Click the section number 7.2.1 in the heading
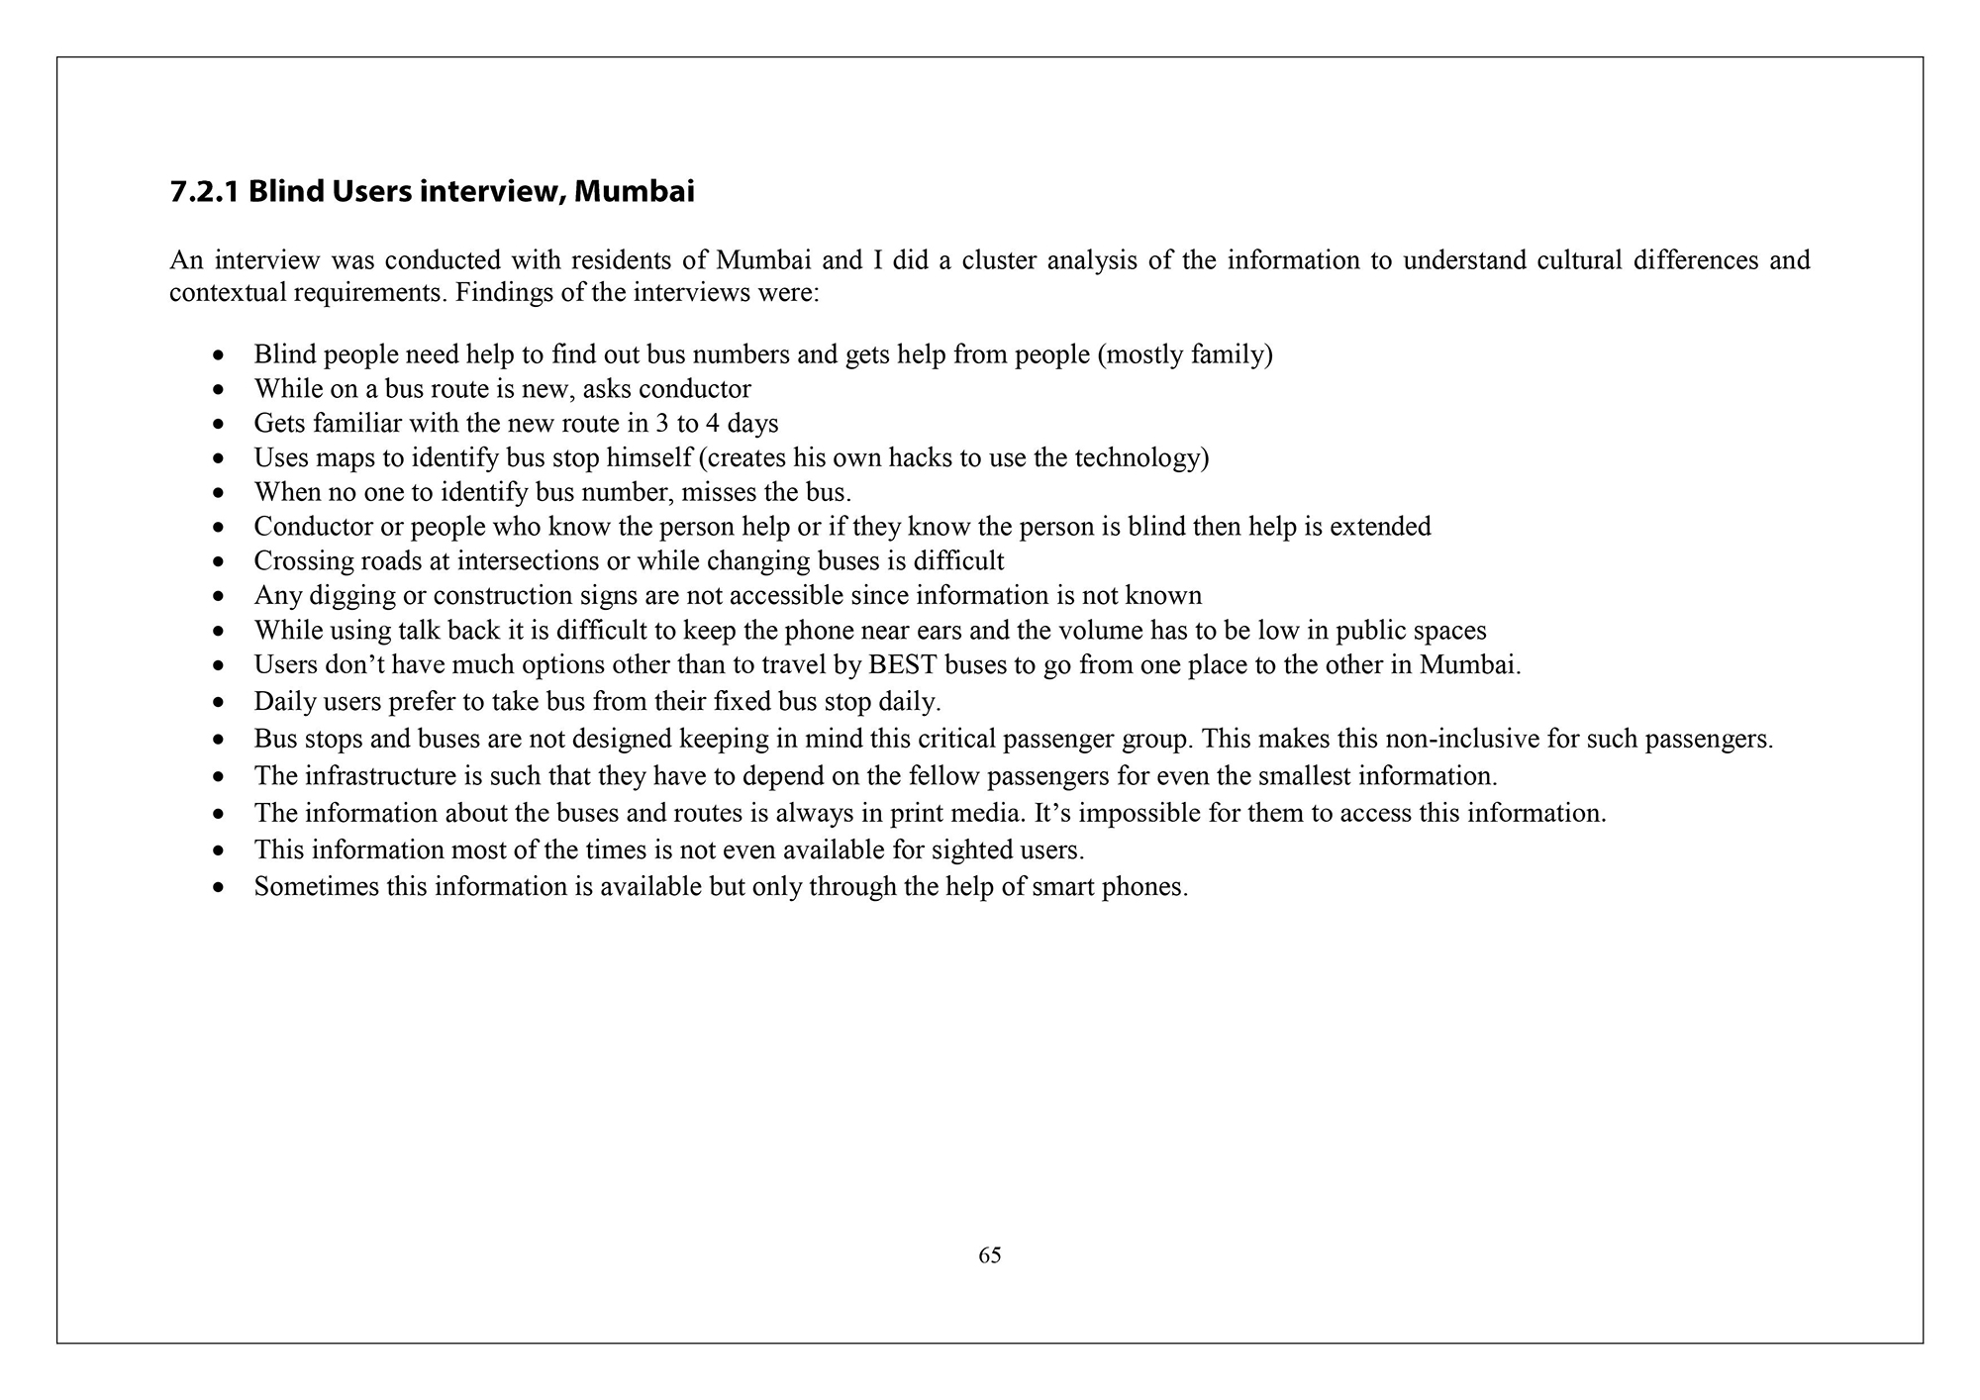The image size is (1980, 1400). click(205, 191)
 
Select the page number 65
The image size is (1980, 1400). click(990, 1255)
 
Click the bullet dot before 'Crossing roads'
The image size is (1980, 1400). click(219, 562)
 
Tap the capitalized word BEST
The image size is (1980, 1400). click(902, 664)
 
